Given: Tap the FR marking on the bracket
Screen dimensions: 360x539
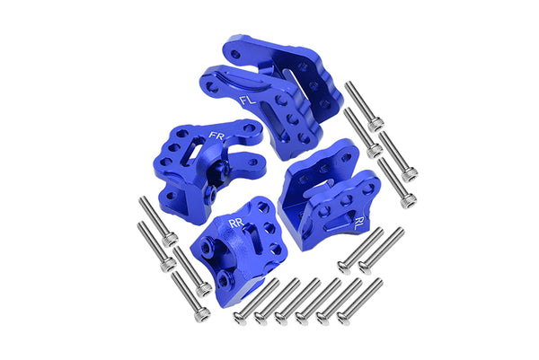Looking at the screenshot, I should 216,136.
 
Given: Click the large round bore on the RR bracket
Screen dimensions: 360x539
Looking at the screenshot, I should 225,247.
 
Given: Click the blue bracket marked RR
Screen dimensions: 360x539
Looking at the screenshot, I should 235,243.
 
